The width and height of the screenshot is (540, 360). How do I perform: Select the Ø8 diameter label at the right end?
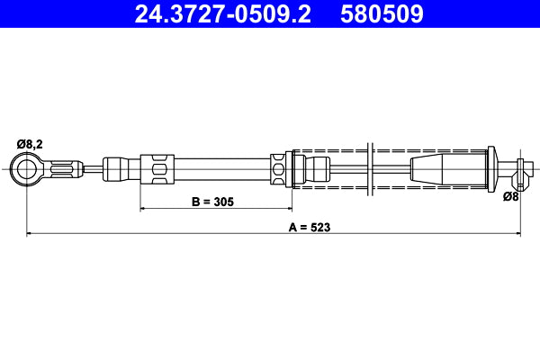pyautogui.click(x=509, y=195)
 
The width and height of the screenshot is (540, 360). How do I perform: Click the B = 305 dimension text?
pyautogui.click(x=212, y=202)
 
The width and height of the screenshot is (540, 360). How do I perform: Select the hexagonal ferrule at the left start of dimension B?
pyautogui.click(x=156, y=168)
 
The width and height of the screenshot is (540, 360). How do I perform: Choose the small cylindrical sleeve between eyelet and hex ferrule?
pyautogui.click(x=116, y=167)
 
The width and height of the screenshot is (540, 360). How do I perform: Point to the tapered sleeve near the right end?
pyautogui.click(x=447, y=167)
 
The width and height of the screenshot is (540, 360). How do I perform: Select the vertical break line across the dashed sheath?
pyautogui.click(x=370, y=167)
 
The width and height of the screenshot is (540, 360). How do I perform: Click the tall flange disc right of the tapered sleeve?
pyautogui.click(x=492, y=168)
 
